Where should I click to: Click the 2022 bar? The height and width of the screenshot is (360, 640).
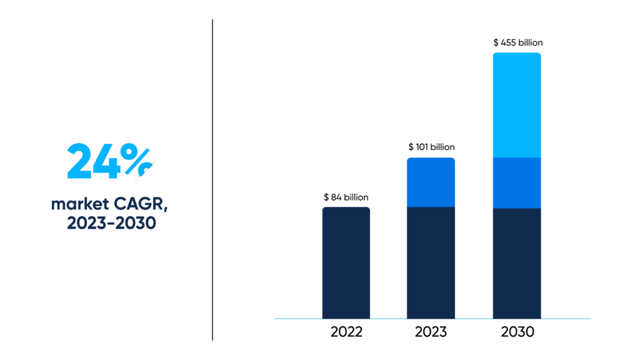346,263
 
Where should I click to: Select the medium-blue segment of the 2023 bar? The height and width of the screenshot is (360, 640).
431,182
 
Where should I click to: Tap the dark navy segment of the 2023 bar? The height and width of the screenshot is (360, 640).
431,263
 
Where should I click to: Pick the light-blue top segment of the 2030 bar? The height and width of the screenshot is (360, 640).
517,105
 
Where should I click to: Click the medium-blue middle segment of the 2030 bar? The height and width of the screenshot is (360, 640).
517,183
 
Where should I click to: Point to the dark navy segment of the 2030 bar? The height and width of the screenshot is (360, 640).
517,263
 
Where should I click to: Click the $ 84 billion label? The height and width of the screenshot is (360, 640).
346,197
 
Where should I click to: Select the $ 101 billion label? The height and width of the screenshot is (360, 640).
431,147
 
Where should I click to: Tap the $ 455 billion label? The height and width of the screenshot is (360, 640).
518,43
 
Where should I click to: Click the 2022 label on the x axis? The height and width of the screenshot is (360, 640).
346,332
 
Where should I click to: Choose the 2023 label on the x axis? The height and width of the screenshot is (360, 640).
431,332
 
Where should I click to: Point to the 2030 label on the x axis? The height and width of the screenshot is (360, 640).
517,332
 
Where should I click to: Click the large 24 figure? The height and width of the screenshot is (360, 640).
94,161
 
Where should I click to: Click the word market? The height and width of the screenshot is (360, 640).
80,204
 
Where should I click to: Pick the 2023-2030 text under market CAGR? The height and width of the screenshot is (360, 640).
111,223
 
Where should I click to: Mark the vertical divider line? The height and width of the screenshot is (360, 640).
212,179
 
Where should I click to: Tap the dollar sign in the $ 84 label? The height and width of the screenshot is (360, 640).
326,197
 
